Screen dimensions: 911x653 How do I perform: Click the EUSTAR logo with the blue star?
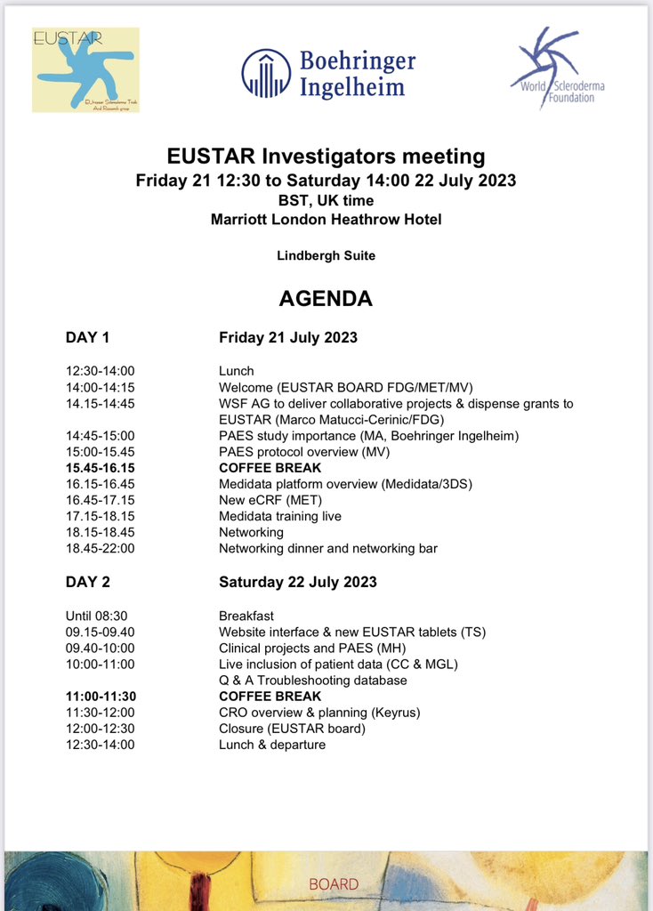[85, 69]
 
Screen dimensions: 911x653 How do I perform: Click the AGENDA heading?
[326, 299]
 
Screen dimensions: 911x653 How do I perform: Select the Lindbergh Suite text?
[326, 256]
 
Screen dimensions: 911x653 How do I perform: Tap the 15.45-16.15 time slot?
[100, 468]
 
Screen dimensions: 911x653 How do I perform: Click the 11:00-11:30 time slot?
[100, 697]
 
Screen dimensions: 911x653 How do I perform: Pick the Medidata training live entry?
[279, 516]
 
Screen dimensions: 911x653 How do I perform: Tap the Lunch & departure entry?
[272, 745]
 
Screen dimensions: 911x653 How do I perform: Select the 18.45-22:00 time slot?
[100, 549]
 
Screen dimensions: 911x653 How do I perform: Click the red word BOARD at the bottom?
[334, 884]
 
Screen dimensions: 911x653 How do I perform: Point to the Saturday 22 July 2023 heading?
[297, 582]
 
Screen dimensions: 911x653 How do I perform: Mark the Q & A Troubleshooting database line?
[312, 681]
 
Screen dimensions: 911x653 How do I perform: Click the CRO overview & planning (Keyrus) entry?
[319, 713]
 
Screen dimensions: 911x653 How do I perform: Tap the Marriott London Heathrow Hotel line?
[326, 220]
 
